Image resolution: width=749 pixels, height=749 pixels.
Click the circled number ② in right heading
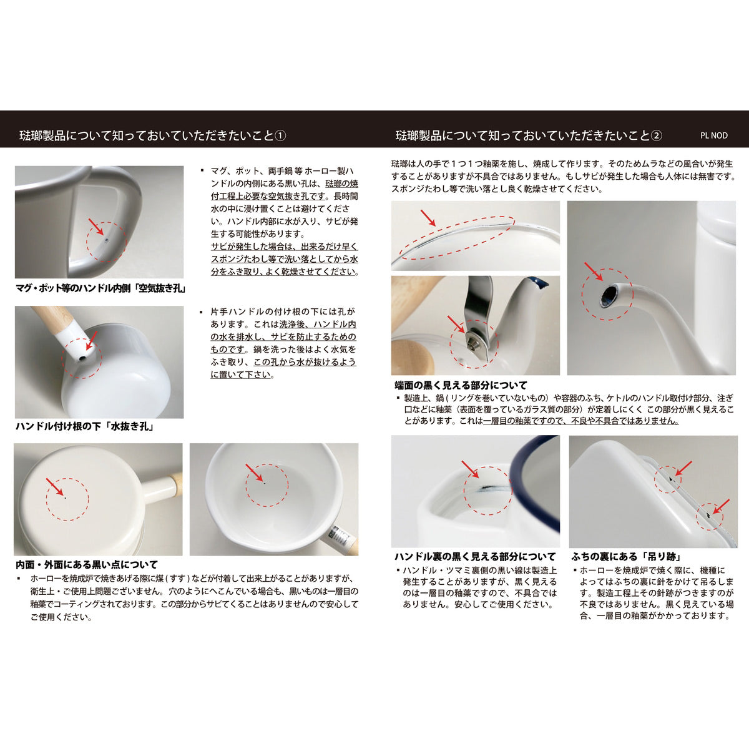coord(656,135)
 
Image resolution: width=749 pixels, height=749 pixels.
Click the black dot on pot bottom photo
coord(65,497)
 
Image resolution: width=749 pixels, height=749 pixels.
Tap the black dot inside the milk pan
coord(265,482)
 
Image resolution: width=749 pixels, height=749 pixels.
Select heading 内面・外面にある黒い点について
coord(87,564)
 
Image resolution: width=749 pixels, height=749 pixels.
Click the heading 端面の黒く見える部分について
coord(461,385)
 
